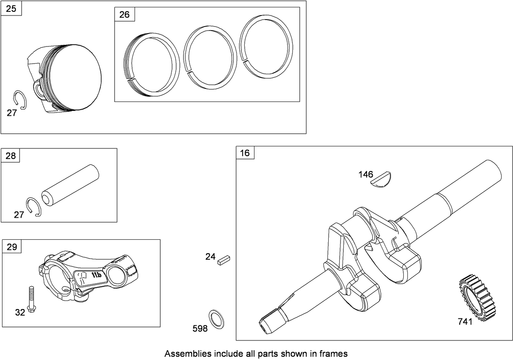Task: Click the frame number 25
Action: coord(11,9)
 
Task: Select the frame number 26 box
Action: coord(124,15)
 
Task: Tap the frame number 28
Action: coord(11,155)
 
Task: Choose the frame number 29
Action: coord(11,247)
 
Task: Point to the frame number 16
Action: coord(245,153)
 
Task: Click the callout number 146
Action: coord(366,174)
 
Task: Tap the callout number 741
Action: coord(465,322)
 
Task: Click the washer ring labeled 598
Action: coord(217,319)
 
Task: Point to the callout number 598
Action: coord(200,328)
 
